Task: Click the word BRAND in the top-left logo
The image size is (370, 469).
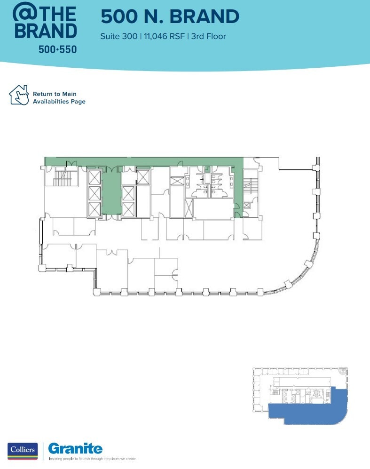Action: pos(46,31)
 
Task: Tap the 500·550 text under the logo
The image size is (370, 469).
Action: pos(57,49)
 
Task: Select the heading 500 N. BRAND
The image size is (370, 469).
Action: pos(170,16)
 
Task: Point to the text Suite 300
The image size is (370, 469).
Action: pos(118,36)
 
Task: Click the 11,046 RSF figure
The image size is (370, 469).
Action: pos(163,36)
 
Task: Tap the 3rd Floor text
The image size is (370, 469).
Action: pos(208,36)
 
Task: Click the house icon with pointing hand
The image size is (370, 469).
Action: pos(19,95)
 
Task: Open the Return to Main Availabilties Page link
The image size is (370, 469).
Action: pos(59,98)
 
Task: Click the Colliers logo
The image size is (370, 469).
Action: pos(22,450)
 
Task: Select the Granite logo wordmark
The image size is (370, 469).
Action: pos(75,448)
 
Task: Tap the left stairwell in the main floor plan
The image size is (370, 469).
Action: pos(61,178)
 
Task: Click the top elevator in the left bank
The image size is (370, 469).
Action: pos(94,178)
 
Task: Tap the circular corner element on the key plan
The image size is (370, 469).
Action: pos(343,371)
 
